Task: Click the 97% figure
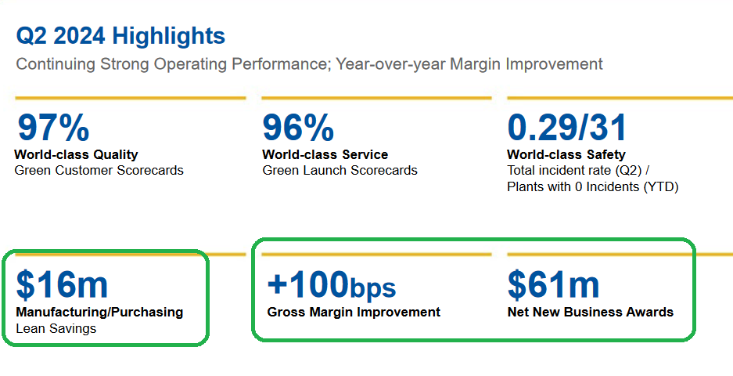pos(53,128)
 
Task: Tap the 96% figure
pos(298,128)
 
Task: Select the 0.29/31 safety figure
pos(566,128)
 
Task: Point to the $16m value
pos(62,284)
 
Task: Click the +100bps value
pos(332,284)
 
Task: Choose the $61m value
pos(554,284)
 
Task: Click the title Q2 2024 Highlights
pos(120,36)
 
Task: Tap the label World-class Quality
pos(76,154)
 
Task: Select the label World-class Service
pos(325,154)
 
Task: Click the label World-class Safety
pos(566,154)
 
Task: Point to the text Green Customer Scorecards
pos(99,171)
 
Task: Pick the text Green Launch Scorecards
pos(340,171)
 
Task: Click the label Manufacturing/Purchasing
pos(99,313)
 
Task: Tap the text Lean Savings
pos(56,329)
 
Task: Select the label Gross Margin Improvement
pos(354,313)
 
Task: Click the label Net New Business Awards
pos(591,313)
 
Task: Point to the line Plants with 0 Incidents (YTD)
pos(593,187)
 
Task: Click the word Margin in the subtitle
pos(475,64)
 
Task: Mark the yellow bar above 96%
pos(377,98)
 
